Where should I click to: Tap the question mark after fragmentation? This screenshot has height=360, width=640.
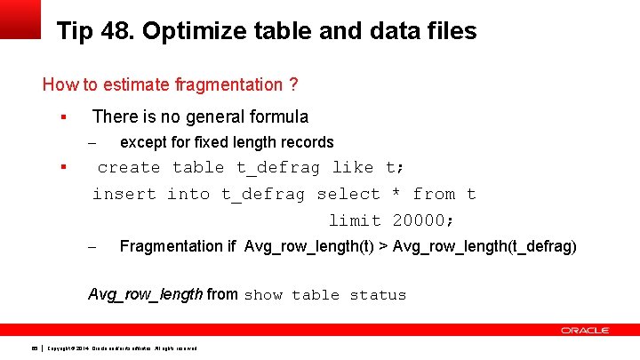[292, 85]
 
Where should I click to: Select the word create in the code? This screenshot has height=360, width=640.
[129, 168]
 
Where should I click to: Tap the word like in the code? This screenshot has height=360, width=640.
[353, 168]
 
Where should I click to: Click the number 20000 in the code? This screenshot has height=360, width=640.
[422, 221]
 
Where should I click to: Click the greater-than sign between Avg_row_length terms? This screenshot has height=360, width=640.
[384, 246]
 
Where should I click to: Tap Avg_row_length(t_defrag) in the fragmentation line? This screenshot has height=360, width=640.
[484, 246]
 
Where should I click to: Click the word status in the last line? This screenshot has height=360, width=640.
[378, 295]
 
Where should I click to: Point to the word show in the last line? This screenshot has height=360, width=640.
[263, 295]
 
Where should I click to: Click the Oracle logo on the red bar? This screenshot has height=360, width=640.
[585, 330]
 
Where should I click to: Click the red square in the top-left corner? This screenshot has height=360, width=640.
[20, 19]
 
